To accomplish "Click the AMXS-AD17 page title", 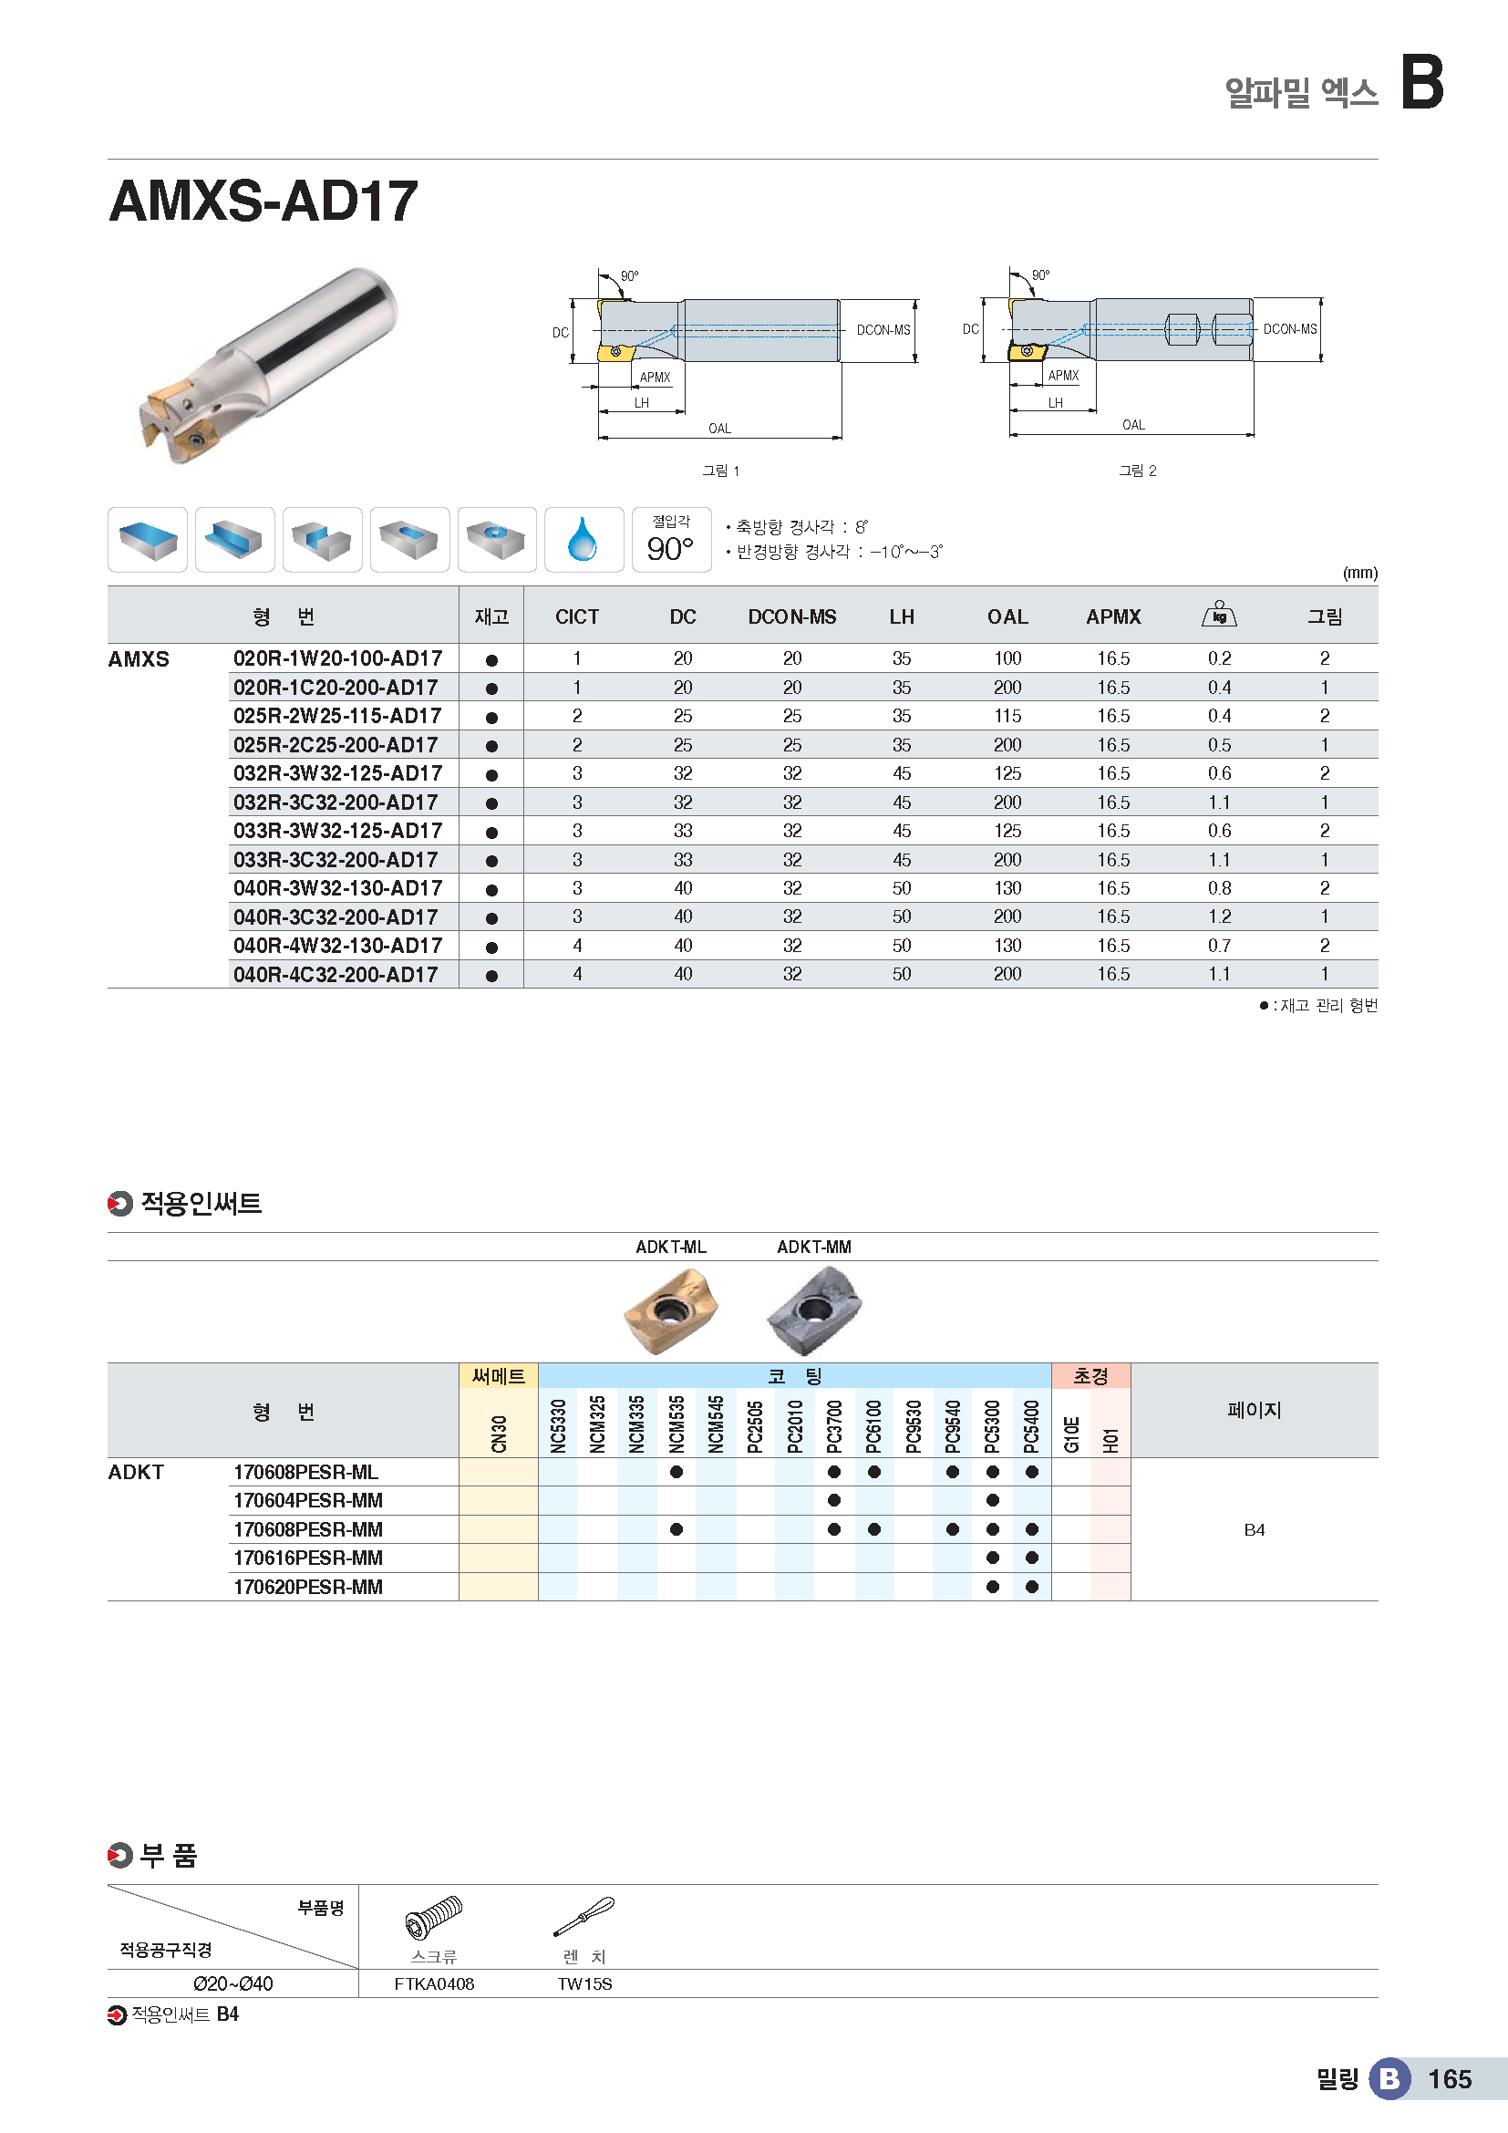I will click(x=263, y=201).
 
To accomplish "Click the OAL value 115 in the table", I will click(x=1007, y=716).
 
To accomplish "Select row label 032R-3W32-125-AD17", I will click(x=337, y=773).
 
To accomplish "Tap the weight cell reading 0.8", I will click(x=1218, y=888).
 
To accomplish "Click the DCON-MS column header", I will click(x=791, y=616).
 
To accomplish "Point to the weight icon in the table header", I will click(x=1218, y=614).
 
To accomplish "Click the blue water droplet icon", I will click(x=584, y=540).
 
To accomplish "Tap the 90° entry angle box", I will click(x=670, y=540).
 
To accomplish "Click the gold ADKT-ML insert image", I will click(x=670, y=1310).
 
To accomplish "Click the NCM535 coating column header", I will click(x=676, y=1424).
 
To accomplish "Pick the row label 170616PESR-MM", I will click(x=307, y=1558).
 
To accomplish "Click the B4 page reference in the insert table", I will click(x=1254, y=1529).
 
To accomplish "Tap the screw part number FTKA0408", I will click(x=434, y=1984).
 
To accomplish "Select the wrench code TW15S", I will click(x=584, y=1984).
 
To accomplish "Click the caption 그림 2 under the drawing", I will click(x=1137, y=471).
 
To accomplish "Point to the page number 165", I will click(x=1449, y=2079).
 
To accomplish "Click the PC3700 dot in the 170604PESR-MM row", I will click(x=834, y=1500).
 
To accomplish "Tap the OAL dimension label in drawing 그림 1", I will click(x=719, y=429).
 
